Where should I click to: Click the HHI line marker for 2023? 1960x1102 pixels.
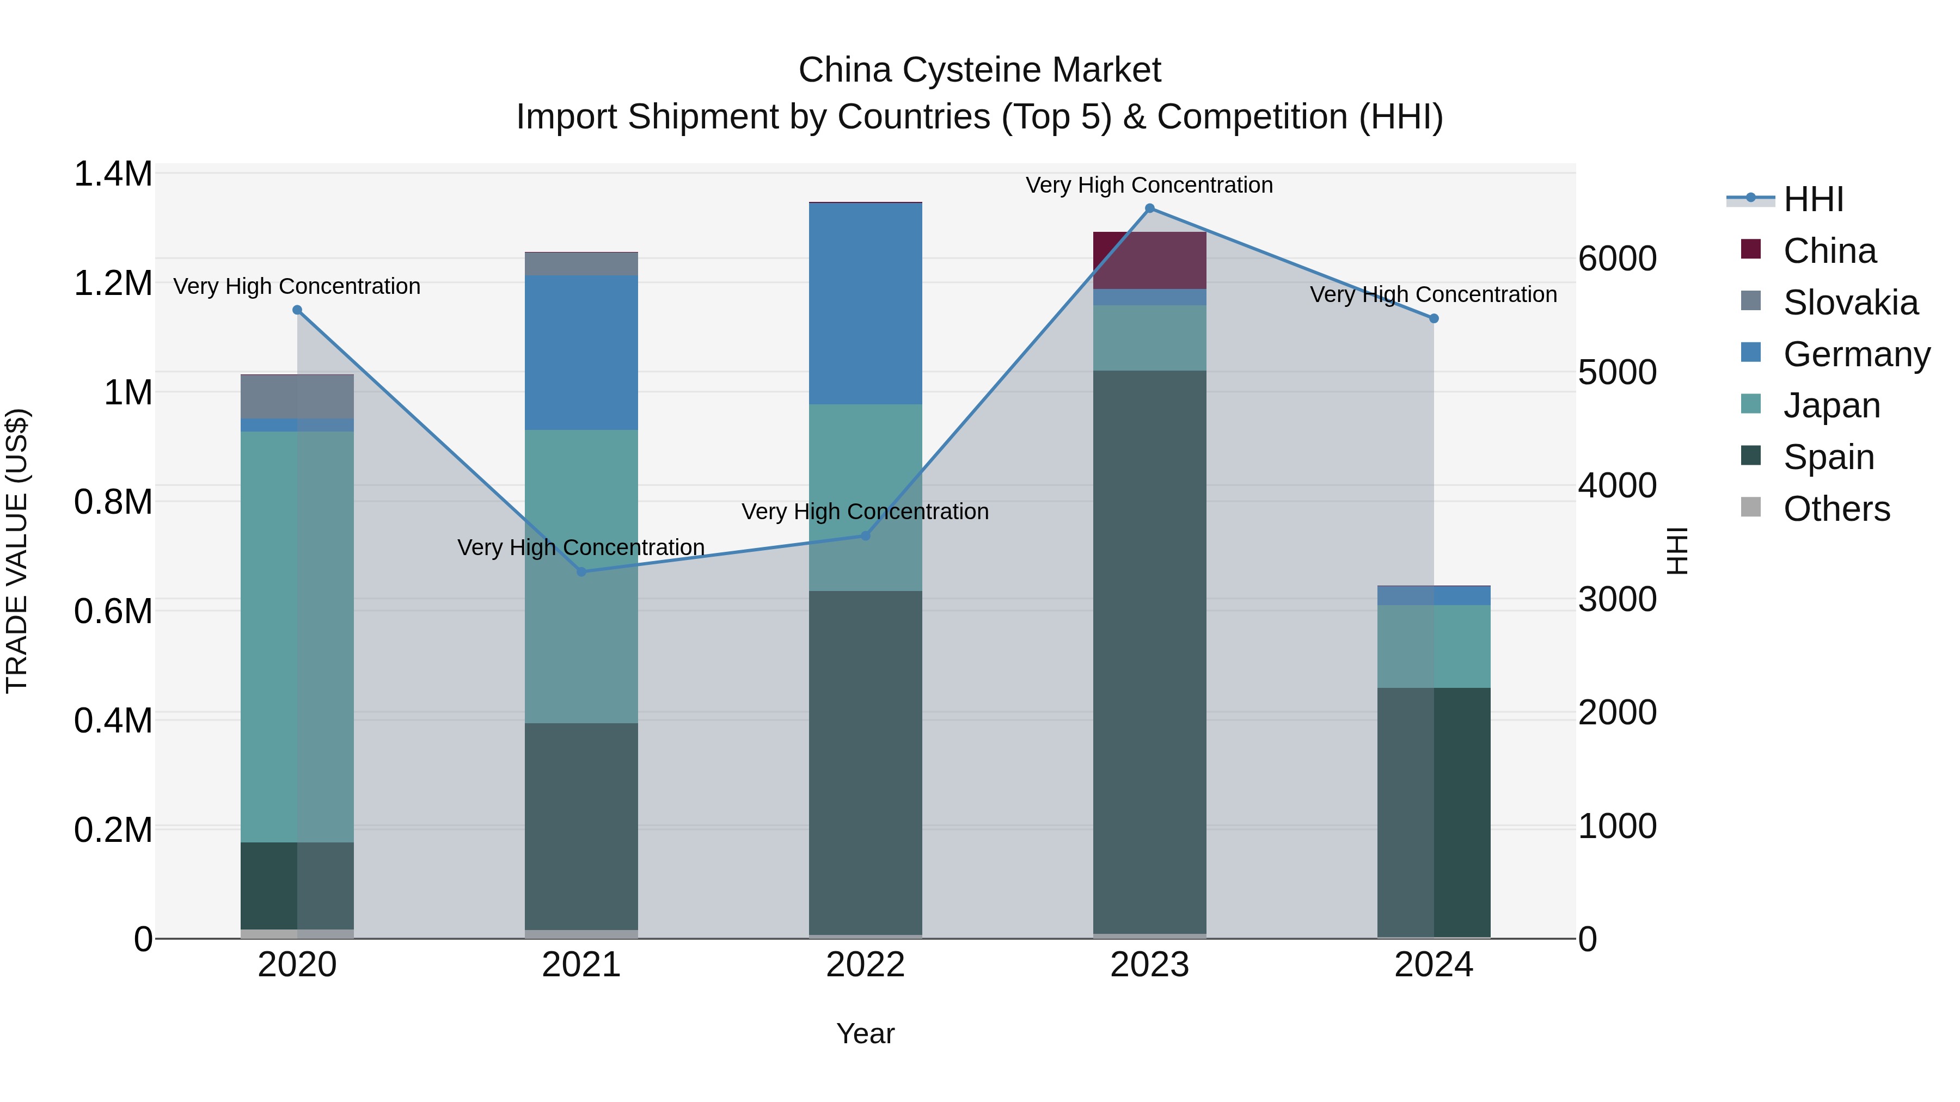1150,208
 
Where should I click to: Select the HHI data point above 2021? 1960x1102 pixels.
581,571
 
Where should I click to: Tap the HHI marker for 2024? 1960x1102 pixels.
1434,319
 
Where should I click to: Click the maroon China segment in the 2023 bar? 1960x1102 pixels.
1150,260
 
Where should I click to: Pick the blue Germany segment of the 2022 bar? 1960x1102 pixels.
865,304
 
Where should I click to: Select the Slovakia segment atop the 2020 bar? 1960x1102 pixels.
297,396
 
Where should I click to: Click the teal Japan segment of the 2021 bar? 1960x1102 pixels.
581,576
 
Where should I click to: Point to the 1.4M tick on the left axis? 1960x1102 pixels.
113,174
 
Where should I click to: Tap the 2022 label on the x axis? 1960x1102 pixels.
865,965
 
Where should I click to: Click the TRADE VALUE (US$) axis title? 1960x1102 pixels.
17,551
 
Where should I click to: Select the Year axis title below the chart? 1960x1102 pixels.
865,1033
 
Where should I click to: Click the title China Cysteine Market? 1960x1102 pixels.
979,70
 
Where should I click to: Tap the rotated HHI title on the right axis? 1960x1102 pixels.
1676,551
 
